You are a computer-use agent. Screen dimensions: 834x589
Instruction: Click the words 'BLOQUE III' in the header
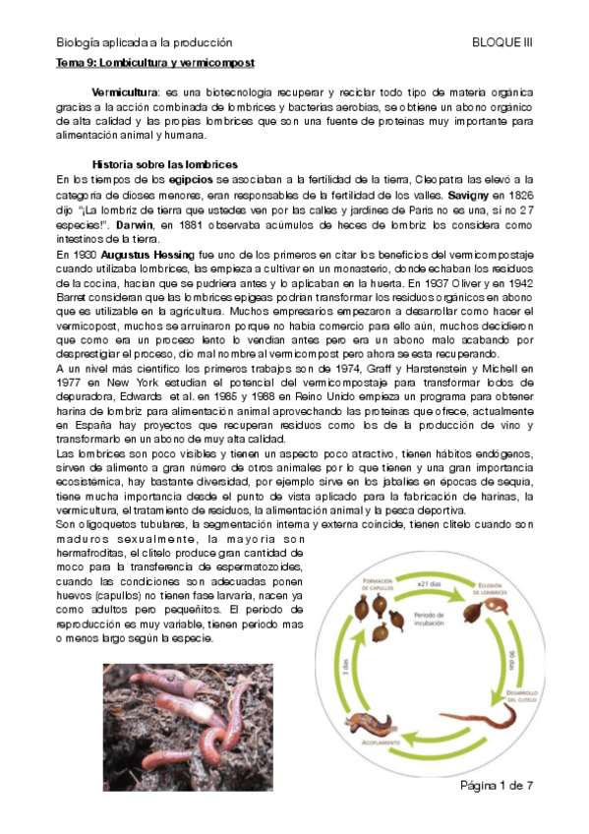coord(502,42)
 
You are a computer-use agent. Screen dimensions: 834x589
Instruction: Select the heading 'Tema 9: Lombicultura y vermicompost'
coord(154,62)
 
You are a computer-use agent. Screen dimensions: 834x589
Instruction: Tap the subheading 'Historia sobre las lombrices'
coord(163,163)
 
